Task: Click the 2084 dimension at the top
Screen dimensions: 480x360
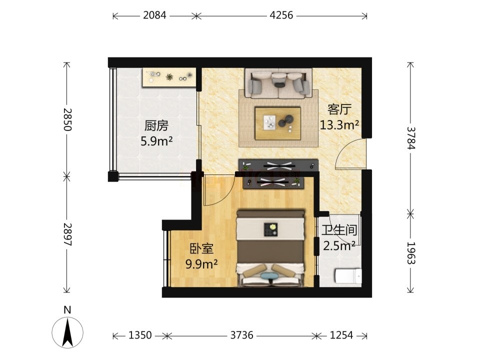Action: click(154, 15)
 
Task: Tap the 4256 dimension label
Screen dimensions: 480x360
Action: click(281, 15)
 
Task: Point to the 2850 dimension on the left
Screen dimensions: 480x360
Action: click(67, 119)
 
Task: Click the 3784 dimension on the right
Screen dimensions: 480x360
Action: click(411, 137)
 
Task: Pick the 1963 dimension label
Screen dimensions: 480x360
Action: click(411, 253)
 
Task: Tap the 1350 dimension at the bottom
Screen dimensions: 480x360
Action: click(140, 335)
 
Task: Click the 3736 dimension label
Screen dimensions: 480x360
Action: click(242, 335)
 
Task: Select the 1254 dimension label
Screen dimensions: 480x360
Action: click(341, 335)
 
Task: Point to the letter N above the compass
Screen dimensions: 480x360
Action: click(67, 310)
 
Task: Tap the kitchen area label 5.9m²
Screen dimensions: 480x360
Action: click(156, 141)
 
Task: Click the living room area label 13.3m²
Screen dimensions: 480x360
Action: click(339, 124)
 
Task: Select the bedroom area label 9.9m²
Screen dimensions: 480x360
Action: click(201, 263)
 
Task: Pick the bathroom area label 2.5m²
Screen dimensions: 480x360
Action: click(339, 245)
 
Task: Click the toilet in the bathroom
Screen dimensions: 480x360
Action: click(348, 276)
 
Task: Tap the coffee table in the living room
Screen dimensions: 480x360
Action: click(278, 123)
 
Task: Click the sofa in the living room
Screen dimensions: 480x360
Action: click(278, 83)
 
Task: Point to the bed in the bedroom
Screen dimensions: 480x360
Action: click(271, 248)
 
